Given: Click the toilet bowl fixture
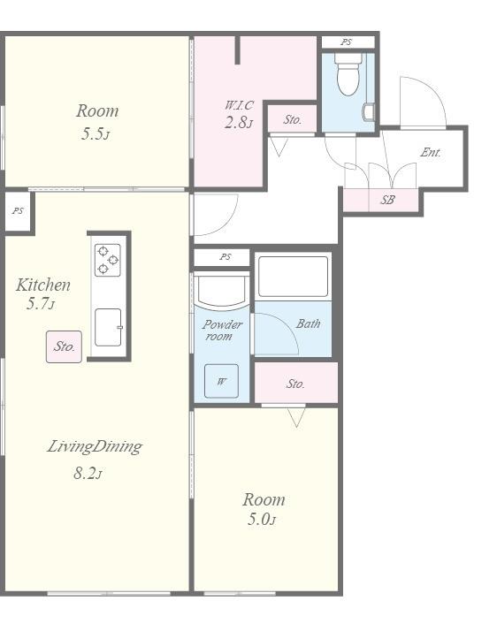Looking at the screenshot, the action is pos(348,74).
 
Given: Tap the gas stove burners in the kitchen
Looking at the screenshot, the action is pos(108,260).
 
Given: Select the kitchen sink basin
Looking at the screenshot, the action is pos(108,327).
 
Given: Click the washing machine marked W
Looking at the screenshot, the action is pos(221,381).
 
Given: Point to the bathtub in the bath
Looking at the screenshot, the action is pos(293,277).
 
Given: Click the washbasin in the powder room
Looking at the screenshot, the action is pos(221,291).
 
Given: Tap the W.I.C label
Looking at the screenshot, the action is pos(239,105).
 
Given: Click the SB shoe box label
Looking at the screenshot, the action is pos(388,200).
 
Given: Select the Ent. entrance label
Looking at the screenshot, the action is pos(431,152).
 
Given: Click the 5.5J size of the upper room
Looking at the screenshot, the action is pos(95,133).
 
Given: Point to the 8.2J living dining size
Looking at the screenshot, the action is pos(88,474).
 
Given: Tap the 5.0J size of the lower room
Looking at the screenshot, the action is pos(262,520).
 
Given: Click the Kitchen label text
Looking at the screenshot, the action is pos(43,285).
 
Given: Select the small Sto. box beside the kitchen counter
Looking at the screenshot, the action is pos(64,346).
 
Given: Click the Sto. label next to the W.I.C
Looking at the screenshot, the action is pos(293,119).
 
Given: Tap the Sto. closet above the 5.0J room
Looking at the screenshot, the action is pos(296,384).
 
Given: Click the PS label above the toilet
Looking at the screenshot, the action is pos(347,42).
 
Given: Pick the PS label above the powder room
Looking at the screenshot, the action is pos(226,257).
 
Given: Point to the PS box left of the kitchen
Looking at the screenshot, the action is pos(18,212).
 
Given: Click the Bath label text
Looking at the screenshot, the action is pos(308,323).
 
